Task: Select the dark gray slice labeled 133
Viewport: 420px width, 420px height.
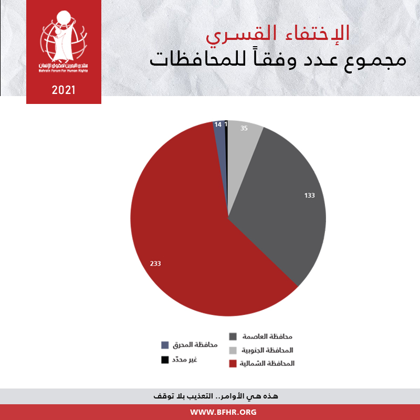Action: click(281, 204)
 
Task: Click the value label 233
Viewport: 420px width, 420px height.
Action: click(155, 264)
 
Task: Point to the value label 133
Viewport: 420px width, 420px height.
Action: click(309, 195)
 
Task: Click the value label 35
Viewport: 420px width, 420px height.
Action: click(244, 128)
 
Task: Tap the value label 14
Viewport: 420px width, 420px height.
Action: click(218, 124)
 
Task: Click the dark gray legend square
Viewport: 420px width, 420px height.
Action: click(233, 337)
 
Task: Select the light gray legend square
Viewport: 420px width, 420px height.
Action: click(233, 350)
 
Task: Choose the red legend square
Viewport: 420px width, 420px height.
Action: click(233, 363)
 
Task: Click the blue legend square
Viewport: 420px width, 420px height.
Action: click(165, 345)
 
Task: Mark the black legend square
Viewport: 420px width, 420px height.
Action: click(165, 360)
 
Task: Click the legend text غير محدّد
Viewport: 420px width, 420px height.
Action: click(185, 360)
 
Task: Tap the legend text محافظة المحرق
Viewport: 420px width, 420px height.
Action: click(195, 345)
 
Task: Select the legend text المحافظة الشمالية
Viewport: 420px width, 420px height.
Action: click(267, 363)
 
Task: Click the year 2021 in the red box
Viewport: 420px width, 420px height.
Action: click(64, 90)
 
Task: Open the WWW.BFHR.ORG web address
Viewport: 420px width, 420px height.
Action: click(223, 412)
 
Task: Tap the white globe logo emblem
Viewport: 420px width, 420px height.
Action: click(64, 36)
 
